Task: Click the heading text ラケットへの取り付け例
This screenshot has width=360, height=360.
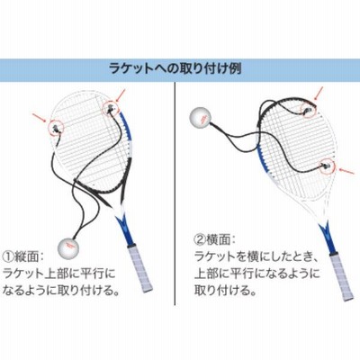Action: pos(175,68)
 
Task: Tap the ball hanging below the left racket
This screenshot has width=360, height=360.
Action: pos(68,247)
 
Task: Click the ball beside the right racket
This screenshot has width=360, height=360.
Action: pos(201,119)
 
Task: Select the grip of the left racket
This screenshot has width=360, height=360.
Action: pos(139,267)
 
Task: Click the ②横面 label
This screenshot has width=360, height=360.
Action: pos(215,239)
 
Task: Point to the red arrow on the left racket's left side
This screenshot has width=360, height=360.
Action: pos(39,118)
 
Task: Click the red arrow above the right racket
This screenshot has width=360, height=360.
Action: pos(319,93)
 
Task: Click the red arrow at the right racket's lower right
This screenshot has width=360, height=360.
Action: pos(346,171)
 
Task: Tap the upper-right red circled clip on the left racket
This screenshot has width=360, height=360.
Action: pos(110,109)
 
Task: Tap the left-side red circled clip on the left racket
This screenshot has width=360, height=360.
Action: pos(56,128)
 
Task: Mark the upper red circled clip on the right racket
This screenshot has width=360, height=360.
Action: pos(308,111)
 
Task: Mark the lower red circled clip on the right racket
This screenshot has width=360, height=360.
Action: pos(328,166)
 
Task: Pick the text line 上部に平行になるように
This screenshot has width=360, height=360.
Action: pos(257,273)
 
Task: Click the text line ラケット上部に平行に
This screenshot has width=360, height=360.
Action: pos(58,273)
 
